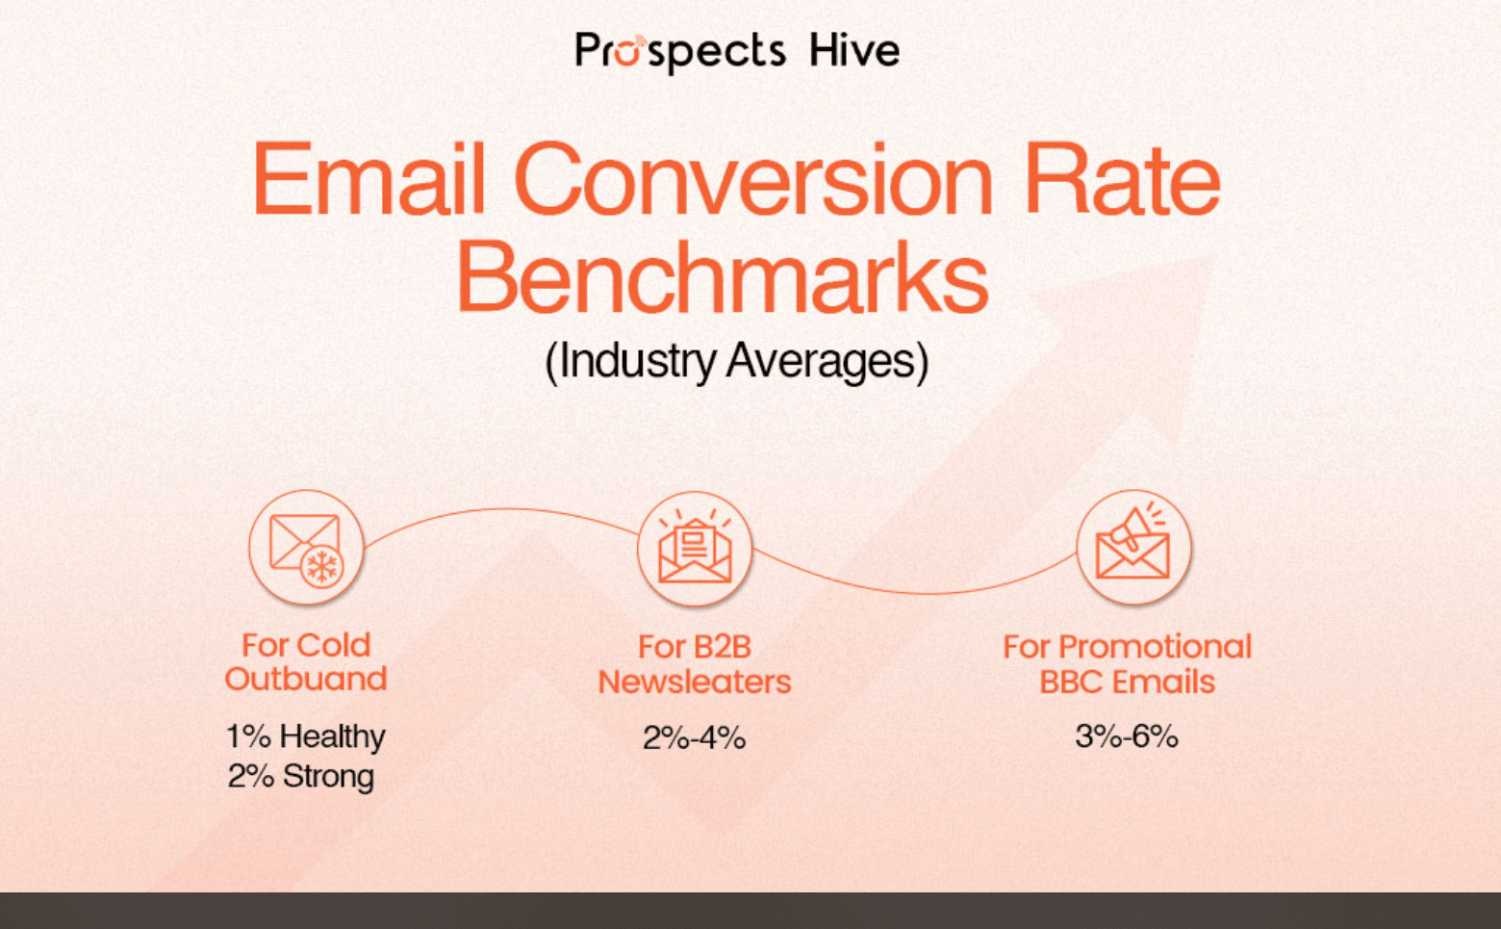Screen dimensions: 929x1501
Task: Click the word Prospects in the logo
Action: click(x=679, y=51)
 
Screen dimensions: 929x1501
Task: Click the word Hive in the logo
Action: click(x=853, y=50)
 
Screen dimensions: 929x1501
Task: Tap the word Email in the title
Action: click(x=369, y=180)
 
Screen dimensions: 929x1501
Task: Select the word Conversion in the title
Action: click(x=753, y=180)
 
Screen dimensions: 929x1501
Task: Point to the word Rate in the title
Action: click(x=1121, y=180)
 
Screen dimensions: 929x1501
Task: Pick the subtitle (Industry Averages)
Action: click(x=736, y=362)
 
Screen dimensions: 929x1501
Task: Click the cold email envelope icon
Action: click(x=304, y=546)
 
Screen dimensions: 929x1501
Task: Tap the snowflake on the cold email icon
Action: click(x=322, y=566)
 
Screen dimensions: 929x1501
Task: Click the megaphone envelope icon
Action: click(x=1133, y=547)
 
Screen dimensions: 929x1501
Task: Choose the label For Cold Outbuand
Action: click(x=306, y=662)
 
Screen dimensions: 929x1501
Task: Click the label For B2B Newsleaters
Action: click(x=695, y=664)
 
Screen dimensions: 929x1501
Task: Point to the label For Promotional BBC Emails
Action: click(x=1127, y=664)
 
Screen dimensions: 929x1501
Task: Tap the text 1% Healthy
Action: click(x=305, y=736)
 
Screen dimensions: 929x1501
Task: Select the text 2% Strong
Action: click(x=301, y=776)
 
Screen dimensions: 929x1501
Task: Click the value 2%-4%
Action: click(x=694, y=738)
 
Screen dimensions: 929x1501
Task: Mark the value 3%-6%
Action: click(x=1127, y=736)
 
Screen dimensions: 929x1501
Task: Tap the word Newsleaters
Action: click(x=695, y=682)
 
